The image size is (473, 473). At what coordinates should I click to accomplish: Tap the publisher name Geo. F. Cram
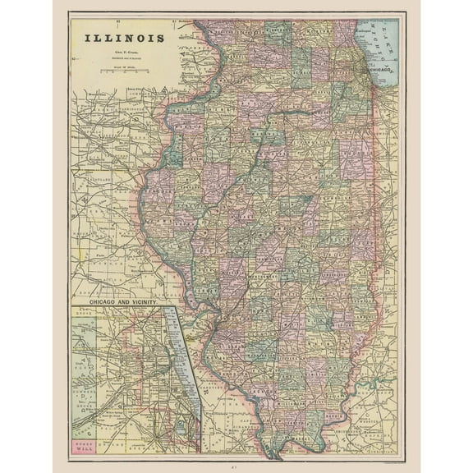[x=125, y=52]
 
